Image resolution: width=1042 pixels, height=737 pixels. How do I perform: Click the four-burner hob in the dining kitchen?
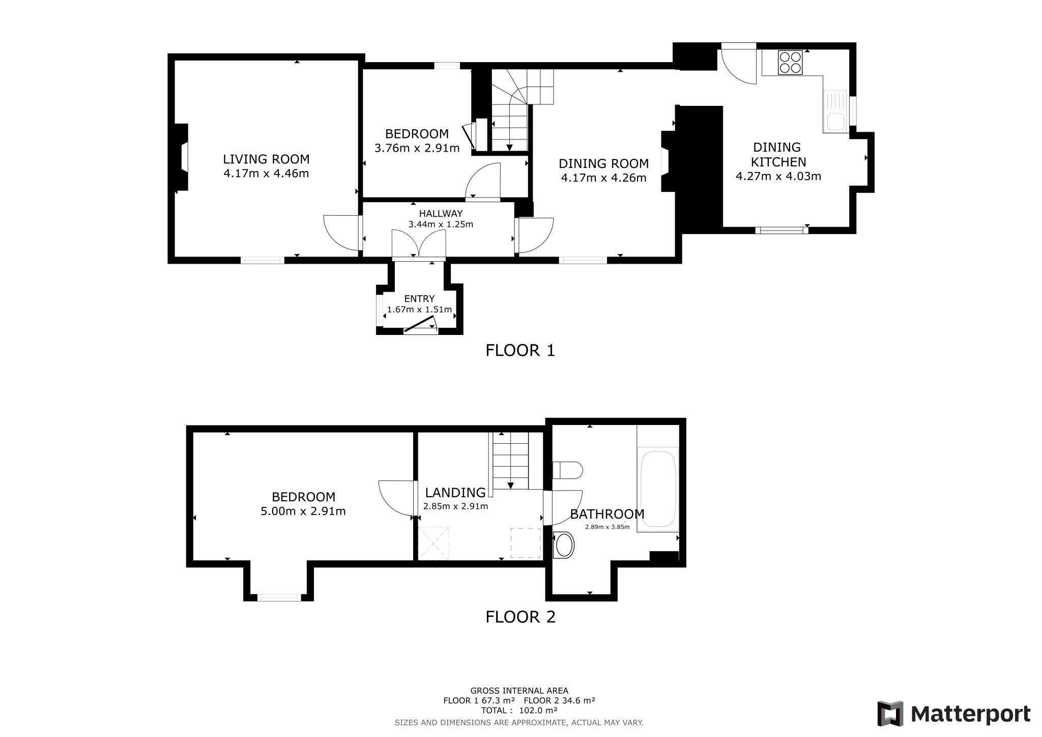point(790,63)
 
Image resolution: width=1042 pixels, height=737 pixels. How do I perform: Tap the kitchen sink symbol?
point(835,112)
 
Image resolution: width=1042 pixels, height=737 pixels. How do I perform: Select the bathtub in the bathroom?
point(658,489)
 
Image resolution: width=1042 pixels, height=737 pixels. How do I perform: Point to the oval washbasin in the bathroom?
point(564,546)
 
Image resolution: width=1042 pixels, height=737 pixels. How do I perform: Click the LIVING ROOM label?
point(266,159)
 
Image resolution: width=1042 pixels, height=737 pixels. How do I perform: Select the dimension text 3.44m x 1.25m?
point(441,224)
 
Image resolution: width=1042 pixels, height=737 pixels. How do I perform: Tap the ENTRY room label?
point(419,299)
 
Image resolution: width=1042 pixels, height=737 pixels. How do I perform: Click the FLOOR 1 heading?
point(520,351)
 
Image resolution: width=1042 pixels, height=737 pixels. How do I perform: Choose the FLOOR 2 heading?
point(520,617)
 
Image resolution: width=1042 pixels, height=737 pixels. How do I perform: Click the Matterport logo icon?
point(890,714)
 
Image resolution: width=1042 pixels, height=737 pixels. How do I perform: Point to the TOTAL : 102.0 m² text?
point(519,710)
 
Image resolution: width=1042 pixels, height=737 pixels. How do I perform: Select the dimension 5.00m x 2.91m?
point(303,511)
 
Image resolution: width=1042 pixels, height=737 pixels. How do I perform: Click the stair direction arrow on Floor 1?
point(510,147)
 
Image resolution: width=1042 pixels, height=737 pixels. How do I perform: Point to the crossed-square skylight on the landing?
point(433,544)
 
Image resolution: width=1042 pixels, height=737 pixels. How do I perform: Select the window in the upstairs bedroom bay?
point(279,598)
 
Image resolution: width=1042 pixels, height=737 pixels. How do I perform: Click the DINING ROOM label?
point(603,163)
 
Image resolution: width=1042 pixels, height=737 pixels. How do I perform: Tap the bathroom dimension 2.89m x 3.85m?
point(607,527)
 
